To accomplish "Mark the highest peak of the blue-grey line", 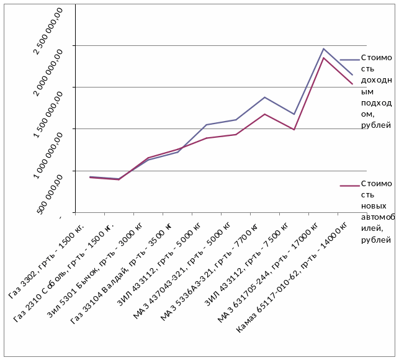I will tap(323, 48).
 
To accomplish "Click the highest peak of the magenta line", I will tap(323, 58).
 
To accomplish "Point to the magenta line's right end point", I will tap(352, 84).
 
